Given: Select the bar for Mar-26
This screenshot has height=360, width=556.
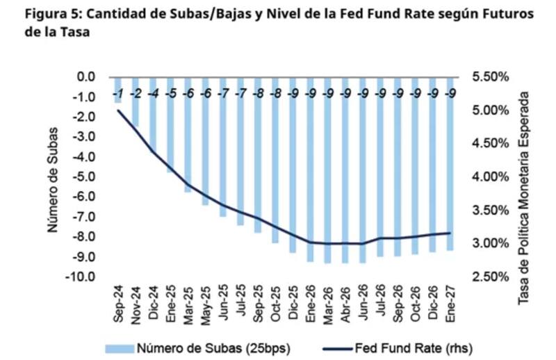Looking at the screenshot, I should [x=327, y=170].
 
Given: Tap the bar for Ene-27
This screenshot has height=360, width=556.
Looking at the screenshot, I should [x=450, y=163].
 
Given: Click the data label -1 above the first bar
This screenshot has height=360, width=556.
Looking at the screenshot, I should [x=118, y=94].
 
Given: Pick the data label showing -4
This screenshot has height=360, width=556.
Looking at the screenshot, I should [x=154, y=94].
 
